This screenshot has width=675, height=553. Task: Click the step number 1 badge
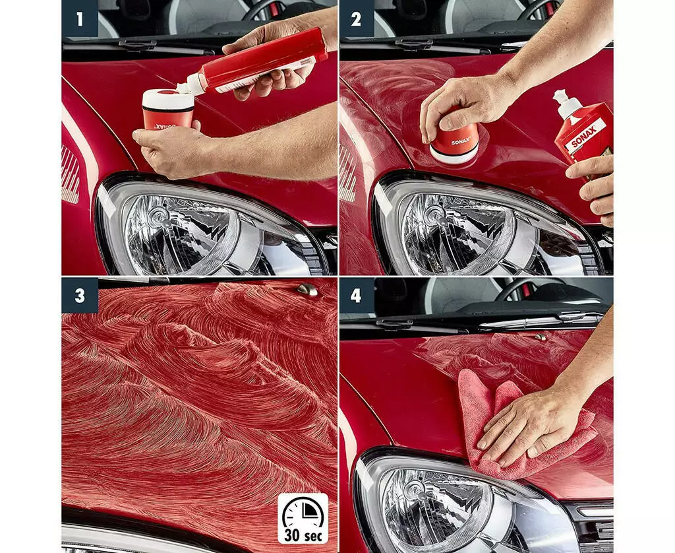[x=80, y=18]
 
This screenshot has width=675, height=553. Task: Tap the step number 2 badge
[x=357, y=18]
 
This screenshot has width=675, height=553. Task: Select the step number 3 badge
[x=80, y=295]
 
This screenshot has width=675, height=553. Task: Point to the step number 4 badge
[x=357, y=295]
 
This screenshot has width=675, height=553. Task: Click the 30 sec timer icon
[x=303, y=519]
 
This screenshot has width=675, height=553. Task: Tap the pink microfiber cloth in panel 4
[x=517, y=427]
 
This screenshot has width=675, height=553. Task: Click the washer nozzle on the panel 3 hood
[x=307, y=290]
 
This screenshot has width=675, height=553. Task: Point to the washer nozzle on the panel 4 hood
[x=541, y=337]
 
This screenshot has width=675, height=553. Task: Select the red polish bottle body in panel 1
[x=262, y=60]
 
